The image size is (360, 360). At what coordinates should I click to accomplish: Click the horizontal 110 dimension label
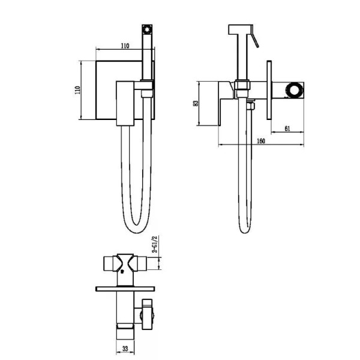(125, 46)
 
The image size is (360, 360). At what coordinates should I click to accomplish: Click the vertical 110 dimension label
(77, 90)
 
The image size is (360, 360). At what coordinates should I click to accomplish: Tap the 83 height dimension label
(196, 103)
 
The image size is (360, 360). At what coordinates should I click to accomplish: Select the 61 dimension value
(287, 128)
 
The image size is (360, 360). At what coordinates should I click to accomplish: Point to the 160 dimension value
(261, 141)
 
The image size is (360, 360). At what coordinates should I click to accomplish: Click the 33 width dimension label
(125, 349)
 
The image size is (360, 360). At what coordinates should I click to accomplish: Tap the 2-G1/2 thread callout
(156, 244)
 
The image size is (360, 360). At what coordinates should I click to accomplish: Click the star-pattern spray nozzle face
(147, 29)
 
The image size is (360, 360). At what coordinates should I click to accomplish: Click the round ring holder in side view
(294, 89)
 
